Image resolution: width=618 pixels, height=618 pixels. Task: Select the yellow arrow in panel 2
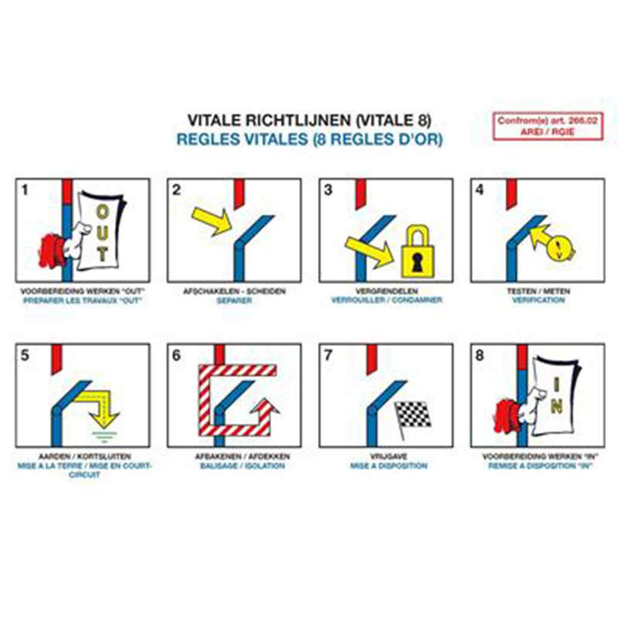212,220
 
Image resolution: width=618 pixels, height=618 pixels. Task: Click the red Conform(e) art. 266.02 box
547,126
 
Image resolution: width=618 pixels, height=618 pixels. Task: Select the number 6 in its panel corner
176,355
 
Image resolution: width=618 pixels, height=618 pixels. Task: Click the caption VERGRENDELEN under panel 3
386,291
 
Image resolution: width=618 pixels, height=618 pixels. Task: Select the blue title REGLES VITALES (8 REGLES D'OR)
309,139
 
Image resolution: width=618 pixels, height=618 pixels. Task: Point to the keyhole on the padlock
417,260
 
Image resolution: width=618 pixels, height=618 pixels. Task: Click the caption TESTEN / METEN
538,291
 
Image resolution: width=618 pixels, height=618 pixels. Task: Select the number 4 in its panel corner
480,190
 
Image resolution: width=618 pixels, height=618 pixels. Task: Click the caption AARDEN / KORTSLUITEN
84,457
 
